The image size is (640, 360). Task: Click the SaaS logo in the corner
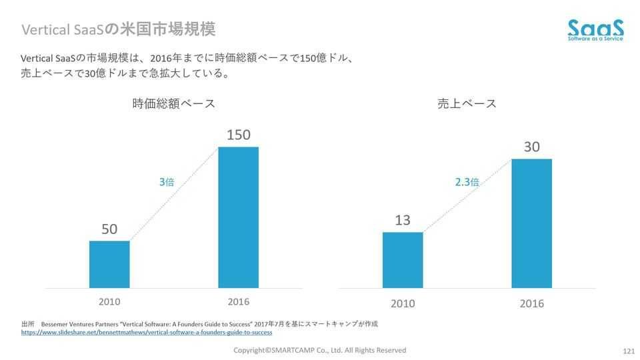click(595, 30)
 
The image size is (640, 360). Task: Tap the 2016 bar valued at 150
click(238, 217)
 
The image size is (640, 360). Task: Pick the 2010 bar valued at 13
click(403, 260)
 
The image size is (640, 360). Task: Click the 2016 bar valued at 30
click(531, 223)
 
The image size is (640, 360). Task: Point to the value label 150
click(238, 135)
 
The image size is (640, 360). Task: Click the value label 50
click(109, 229)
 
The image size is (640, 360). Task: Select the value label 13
click(403, 220)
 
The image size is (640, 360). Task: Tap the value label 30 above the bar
click(531, 147)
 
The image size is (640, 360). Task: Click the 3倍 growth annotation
click(167, 181)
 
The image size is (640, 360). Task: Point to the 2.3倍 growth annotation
click(467, 181)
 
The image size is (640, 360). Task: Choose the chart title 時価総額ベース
click(173, 103)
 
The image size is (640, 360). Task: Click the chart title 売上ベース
click(467, 103)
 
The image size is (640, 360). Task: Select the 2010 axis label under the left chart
click(109, 302)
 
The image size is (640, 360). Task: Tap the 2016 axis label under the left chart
click(238, 302)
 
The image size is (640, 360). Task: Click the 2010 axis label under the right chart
click(403, 304)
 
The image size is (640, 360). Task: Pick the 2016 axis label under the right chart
click(531, 304)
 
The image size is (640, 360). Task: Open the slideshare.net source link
click(147, 332)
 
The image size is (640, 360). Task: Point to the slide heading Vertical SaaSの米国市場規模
click(119, 29)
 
